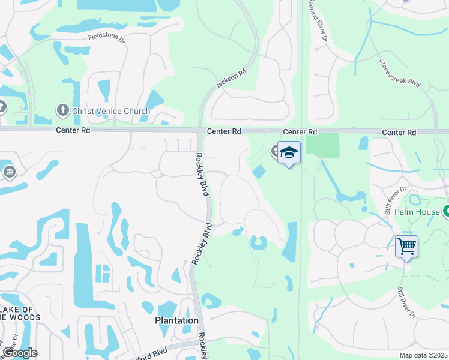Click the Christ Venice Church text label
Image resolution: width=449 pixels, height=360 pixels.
click(x=111, y=111)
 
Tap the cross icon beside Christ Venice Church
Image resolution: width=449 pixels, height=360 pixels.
click(x=62, y=110)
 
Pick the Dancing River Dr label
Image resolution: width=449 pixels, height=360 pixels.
click(x=316, y=22)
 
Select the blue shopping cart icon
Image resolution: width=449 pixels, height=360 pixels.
click(x=406, y=245)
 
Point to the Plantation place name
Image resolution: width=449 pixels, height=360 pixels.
click(x=177, y=320)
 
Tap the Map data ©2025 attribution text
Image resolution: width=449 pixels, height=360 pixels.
click(x=424, y=355)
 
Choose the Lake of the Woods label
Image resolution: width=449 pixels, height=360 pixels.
click(x=20, y=313)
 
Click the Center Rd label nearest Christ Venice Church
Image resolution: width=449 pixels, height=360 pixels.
click(x=73, y=130)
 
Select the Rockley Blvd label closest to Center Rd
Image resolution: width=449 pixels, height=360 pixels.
click(x=201, y=175)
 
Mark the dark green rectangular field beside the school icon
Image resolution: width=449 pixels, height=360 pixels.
click(x=322, y=145)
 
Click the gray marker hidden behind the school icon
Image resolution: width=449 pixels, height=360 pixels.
click(x=276, y=151)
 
